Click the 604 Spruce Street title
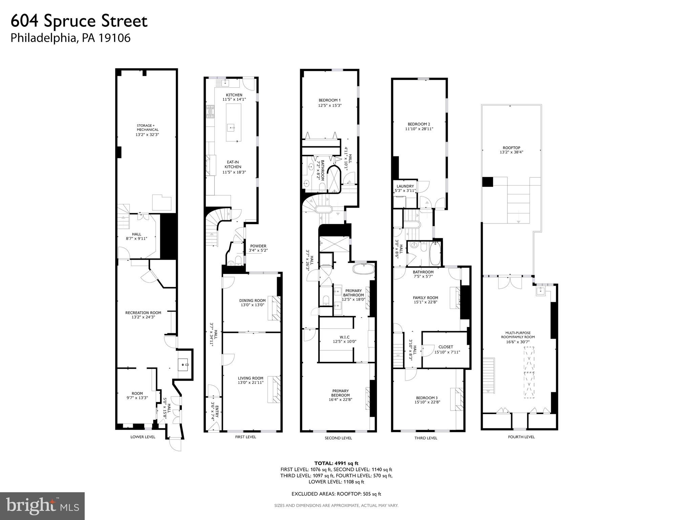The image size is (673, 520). tap(79, 21)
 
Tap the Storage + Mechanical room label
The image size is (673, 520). tap(147, 128)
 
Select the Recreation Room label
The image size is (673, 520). tap(143, 313)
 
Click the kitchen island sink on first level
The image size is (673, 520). tap(232, 128)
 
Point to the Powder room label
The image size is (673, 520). tap(258, 246)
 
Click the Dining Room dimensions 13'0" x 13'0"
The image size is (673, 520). tap(252, 305)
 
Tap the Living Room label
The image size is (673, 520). tap(250, 378)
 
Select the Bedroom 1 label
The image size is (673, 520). tap(329, 100)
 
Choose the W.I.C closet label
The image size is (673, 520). tap(344, 337)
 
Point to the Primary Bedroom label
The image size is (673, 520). tap(340, 393)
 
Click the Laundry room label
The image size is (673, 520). tap(405, 186)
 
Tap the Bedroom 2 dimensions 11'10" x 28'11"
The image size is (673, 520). tap(419, 129)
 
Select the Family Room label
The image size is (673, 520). tap(425, 298)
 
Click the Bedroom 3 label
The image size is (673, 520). tap(427, 398)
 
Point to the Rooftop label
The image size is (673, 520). tap(511, 148)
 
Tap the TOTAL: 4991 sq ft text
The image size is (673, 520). tap(336, 463)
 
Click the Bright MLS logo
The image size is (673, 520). tap(42, 506)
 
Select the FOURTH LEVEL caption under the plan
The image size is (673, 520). tap(521, 437)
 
